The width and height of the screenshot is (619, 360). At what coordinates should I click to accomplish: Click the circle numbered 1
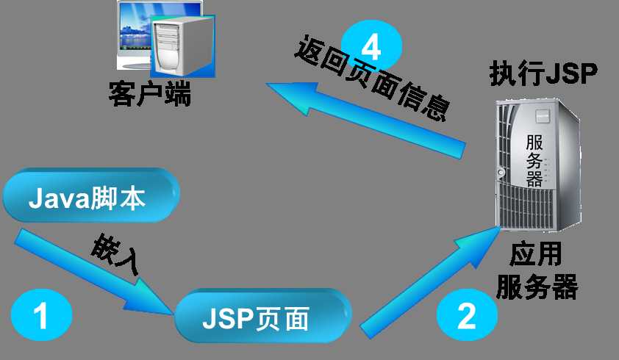coord(41,314)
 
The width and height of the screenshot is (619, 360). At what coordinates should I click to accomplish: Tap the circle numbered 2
coord(467,314)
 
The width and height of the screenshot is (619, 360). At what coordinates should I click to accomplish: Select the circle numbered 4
coord(371,46)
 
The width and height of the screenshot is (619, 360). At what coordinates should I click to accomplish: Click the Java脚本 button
coord(91,195)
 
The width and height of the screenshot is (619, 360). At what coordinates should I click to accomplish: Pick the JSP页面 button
coord(262,315)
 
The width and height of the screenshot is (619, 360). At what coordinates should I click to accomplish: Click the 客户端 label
coord(150,93)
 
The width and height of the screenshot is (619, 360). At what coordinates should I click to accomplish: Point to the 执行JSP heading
coord(543,73)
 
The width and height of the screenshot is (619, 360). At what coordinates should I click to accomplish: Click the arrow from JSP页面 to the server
coord(430,282)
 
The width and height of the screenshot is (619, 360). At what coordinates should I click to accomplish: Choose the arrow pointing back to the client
coord(365,118)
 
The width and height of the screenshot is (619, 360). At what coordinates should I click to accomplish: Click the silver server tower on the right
coord(538,165)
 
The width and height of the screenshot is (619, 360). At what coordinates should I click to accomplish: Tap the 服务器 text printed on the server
coord(534,160)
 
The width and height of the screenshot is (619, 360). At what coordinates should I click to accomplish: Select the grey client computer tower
coord(183,46)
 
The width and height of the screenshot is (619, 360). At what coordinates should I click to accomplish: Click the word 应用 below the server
coord(535,254)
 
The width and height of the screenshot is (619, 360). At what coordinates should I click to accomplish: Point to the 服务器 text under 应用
coord(537,287)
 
